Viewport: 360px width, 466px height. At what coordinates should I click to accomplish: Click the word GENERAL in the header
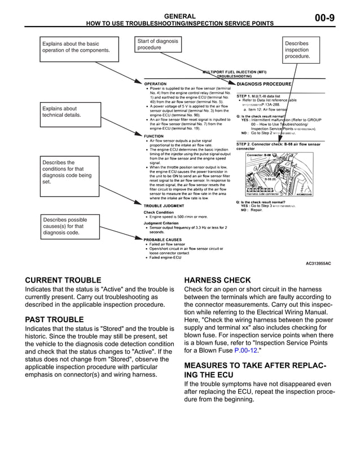pyautogui.click(x=179, y=16)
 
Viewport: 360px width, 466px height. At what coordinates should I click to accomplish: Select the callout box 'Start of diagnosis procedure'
pyautogui.click(x=159, y=45)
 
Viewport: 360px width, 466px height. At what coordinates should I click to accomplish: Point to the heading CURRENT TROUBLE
pyautogui.click(x=63, y=280)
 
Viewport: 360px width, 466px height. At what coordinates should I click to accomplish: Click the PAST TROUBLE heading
pyautogui.click(x=54, y=320)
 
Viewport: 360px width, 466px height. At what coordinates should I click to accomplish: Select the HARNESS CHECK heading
pyautogui.click(x=217, y=280)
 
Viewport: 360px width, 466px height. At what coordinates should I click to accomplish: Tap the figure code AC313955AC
pyautogui.click(x=318, y=263)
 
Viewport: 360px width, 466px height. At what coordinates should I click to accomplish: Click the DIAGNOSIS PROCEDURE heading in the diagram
pyautogui.click(x=264, y=83)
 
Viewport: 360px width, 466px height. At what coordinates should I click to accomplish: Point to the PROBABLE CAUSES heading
pyautogui.click(x=163, y=239)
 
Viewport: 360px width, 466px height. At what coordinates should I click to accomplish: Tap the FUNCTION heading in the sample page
pyautogui.click(x=154, y=136)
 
